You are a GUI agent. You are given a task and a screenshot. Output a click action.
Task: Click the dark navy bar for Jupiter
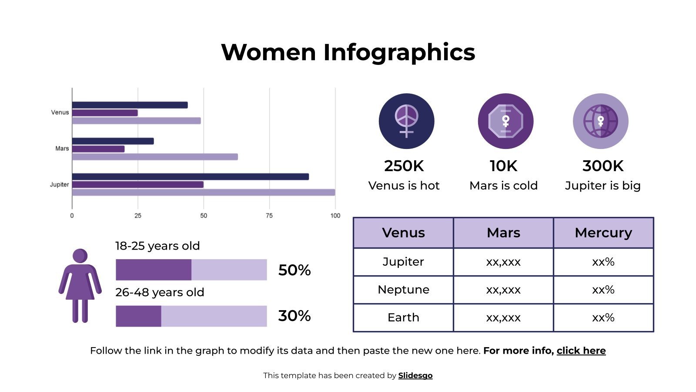coord(190,177)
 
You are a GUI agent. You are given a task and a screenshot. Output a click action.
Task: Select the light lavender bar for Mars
coord(155,157)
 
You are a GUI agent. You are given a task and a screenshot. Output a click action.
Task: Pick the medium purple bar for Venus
coord(105,113)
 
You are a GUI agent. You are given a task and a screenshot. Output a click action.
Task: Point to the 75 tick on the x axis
coord(269,216)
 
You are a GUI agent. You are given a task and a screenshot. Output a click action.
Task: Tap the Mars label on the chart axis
coord(62,149)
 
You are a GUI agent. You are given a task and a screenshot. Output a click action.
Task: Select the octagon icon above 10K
coord(505,121)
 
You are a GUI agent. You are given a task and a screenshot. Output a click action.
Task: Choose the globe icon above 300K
coord(600,121)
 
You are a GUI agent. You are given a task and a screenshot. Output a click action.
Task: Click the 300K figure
coord(602,166)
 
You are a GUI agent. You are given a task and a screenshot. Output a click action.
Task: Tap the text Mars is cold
coord(503,186)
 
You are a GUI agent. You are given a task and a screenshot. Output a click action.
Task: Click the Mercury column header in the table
coord(603,233)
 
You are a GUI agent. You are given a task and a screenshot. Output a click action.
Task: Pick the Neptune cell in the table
coord(403,290)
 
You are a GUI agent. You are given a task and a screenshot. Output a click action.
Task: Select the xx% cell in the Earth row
coord(603,318)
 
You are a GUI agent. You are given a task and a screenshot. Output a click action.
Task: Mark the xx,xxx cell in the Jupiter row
coord(503,262)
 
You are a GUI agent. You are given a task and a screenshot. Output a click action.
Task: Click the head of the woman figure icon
coord(80,256)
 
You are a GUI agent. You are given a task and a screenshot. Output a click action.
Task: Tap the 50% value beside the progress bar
coord(294,270)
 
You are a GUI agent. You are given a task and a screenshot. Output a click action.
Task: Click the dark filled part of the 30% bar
coord(138,316)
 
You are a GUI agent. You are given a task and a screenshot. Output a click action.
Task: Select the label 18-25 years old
coord(157,246)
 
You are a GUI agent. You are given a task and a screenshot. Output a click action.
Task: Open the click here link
coord(581,351)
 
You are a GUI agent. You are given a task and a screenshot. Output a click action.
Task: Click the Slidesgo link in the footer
coord(415,375)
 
